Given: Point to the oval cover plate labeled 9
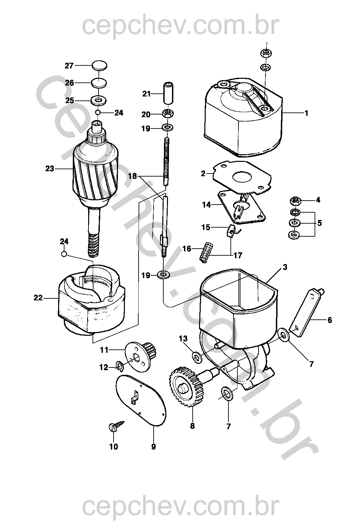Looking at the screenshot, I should point(140,399).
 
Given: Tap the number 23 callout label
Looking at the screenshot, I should point(49,169).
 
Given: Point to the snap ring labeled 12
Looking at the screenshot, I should point(120,366).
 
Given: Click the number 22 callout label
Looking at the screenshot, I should point(38,297).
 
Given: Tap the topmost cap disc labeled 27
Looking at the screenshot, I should point(99,65).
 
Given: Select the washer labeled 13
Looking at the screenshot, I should point(197,357).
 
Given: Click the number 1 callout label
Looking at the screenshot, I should point(306,113).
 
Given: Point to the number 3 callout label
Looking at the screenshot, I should point(285,267).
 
